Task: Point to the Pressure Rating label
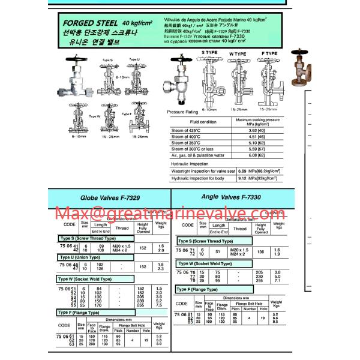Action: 182,112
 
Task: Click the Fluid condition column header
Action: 203,122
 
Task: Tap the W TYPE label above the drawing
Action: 237,53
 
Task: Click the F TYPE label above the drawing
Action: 269,53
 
